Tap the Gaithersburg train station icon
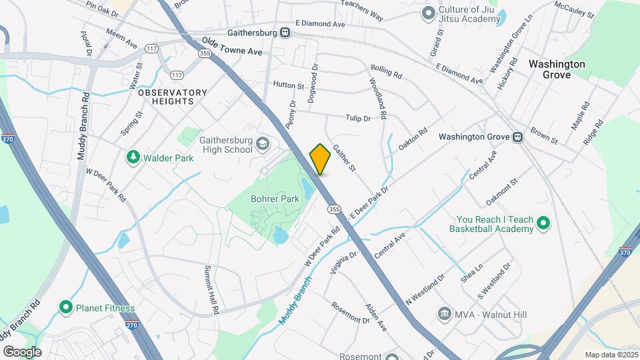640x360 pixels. pyautogui.click(x=285, y=31)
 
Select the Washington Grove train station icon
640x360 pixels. pyautogui.click(x=517, y=137)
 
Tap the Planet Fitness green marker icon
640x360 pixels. pyautogui.click(x=65, y=307)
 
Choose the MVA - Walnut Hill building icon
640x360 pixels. pyautogui.click(x=444, y=313)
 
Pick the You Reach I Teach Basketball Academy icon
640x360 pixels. pyautogui.click(x=543, y=223)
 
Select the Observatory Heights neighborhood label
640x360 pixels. pyautogui.click(x=166, y=97)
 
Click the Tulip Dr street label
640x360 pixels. pyautogui.click(x=358, y=118)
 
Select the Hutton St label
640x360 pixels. pyautogui.click(x=288, y=86)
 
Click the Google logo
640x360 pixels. pyautogui.click(x=23, y=351)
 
